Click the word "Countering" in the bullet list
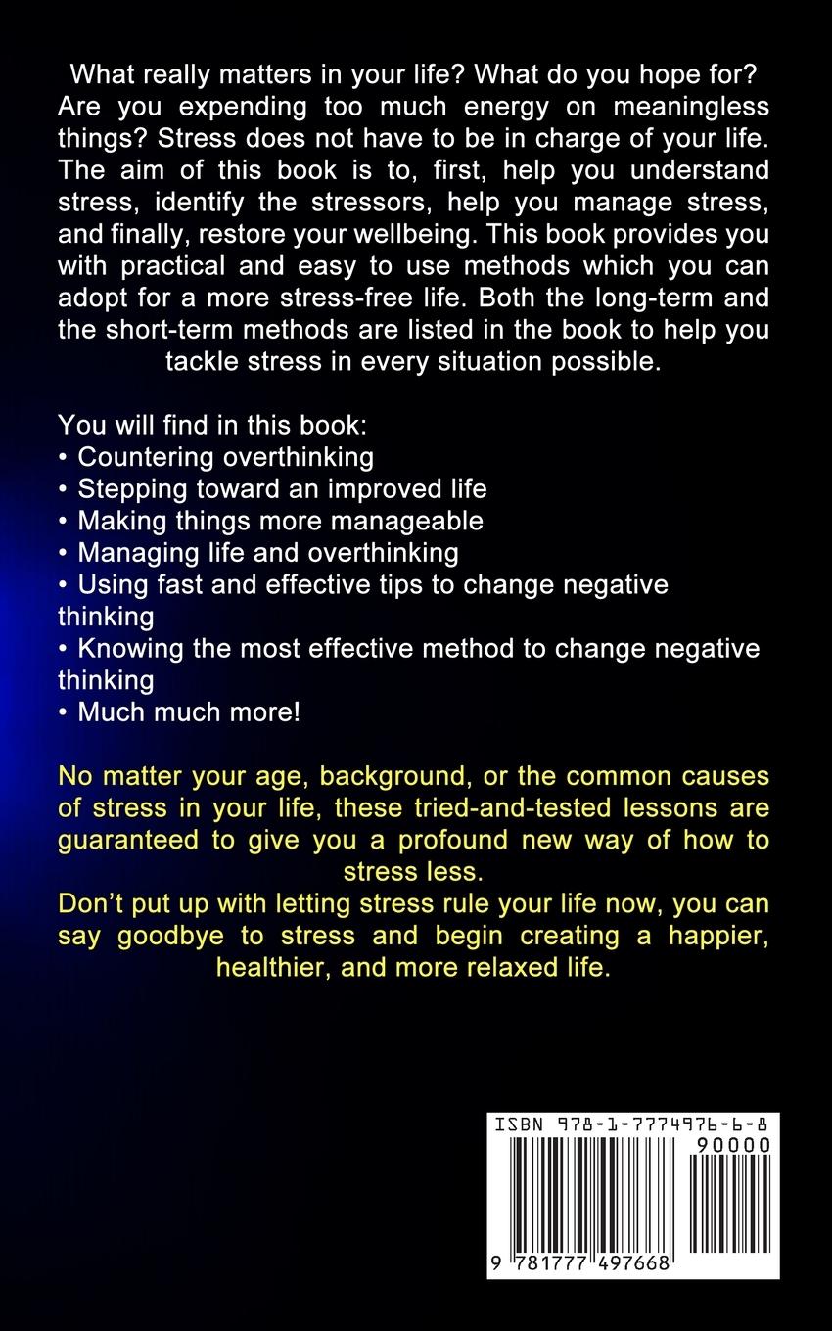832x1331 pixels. (x=146, y=456)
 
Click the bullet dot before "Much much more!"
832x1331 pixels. (x=64, y=712)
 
